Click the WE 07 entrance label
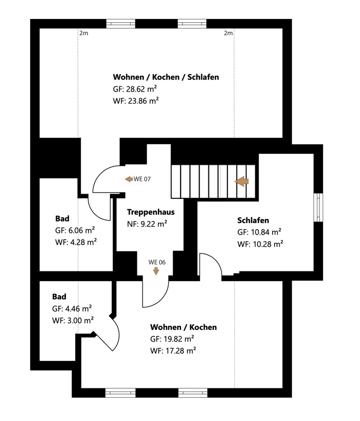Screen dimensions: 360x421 pyautogui.click(x=142, y=179)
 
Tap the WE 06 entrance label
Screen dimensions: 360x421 pyautogui.click(x=157, y=262)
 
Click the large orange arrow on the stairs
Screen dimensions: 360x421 pyautogui.click(x=242, y=182)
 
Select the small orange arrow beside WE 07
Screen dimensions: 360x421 pyautogui.click(x=129, y=179)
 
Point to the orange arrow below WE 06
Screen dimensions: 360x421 pyautogui.click(x=156, y=272)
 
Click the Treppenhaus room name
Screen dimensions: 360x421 pyautogui.click(x=151, y=212)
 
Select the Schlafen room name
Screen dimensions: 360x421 pyautogui.click(x=253, y=220)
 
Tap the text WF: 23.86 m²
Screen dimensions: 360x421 pyautogui.click(x=136, y=101)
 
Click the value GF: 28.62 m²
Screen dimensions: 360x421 pyautogui.click(x=135, y=89)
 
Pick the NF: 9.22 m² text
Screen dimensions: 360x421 pyautogui.click(x=147, y=224)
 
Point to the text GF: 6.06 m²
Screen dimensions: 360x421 pyautogui.click(x=75, y=230)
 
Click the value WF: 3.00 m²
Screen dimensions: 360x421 pyautogui.click(x=73, y=320)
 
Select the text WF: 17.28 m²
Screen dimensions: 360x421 pyautogui.click(x=173, y=350)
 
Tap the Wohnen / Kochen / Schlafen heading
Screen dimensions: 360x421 pyautogui.click(x=166, y=77)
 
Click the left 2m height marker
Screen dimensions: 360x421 pyautogui.click(x=84, y=33)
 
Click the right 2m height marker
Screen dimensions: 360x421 pyautogui.click(x=228, y=33)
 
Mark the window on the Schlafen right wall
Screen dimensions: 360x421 pyautogui.click(x=318, y=207)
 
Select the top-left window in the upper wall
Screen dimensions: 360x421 pyautogui.click(x=121, y=24)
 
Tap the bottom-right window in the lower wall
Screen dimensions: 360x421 pyautogui.click(x=193, y=393)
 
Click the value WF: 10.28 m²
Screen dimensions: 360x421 pyautogui.click(x=260, y=244)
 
